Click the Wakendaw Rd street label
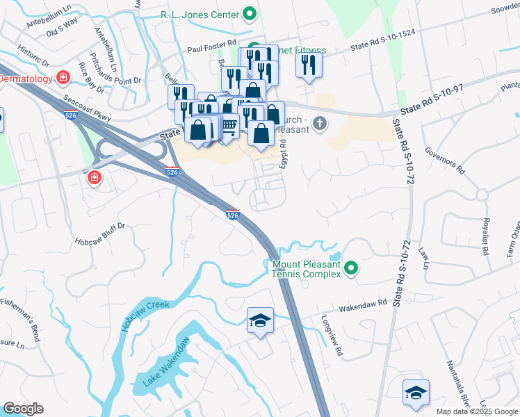coord(362,306)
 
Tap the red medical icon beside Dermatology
coord(63,77)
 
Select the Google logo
coord(23,409)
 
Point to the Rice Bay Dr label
coord(90,78)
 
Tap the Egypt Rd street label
coord(284,151)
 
